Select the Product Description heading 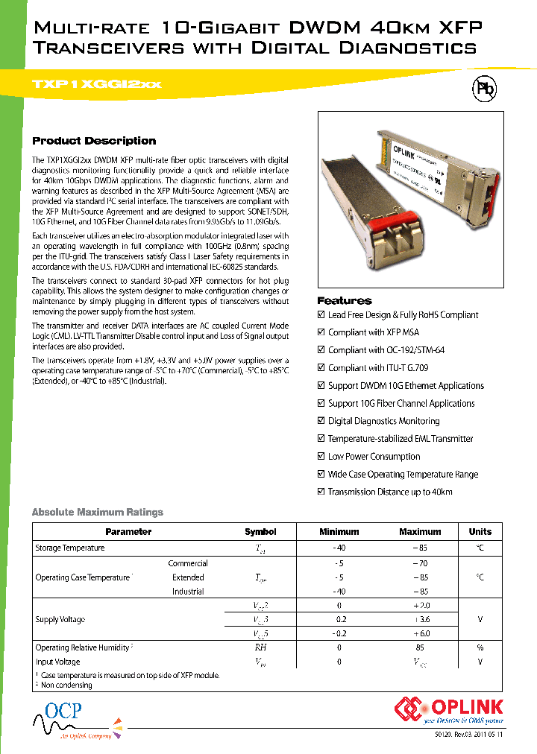pos(94,141)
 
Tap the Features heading pos(344,300)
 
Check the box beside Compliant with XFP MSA pos(321,332)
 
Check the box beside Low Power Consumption pos(321,457)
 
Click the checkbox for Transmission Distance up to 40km pos(321,492)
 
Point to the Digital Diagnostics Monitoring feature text pos(383,421)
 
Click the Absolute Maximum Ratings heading pos(97,512)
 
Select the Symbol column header pos(260,532)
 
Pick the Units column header pos(480,532)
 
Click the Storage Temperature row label pos(70,548)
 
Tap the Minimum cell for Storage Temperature pos(339,548)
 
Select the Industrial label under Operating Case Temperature pos(188,592)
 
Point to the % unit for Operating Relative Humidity pos(480,647)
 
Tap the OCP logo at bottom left pos(63,715)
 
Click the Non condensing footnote pos(66,685)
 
